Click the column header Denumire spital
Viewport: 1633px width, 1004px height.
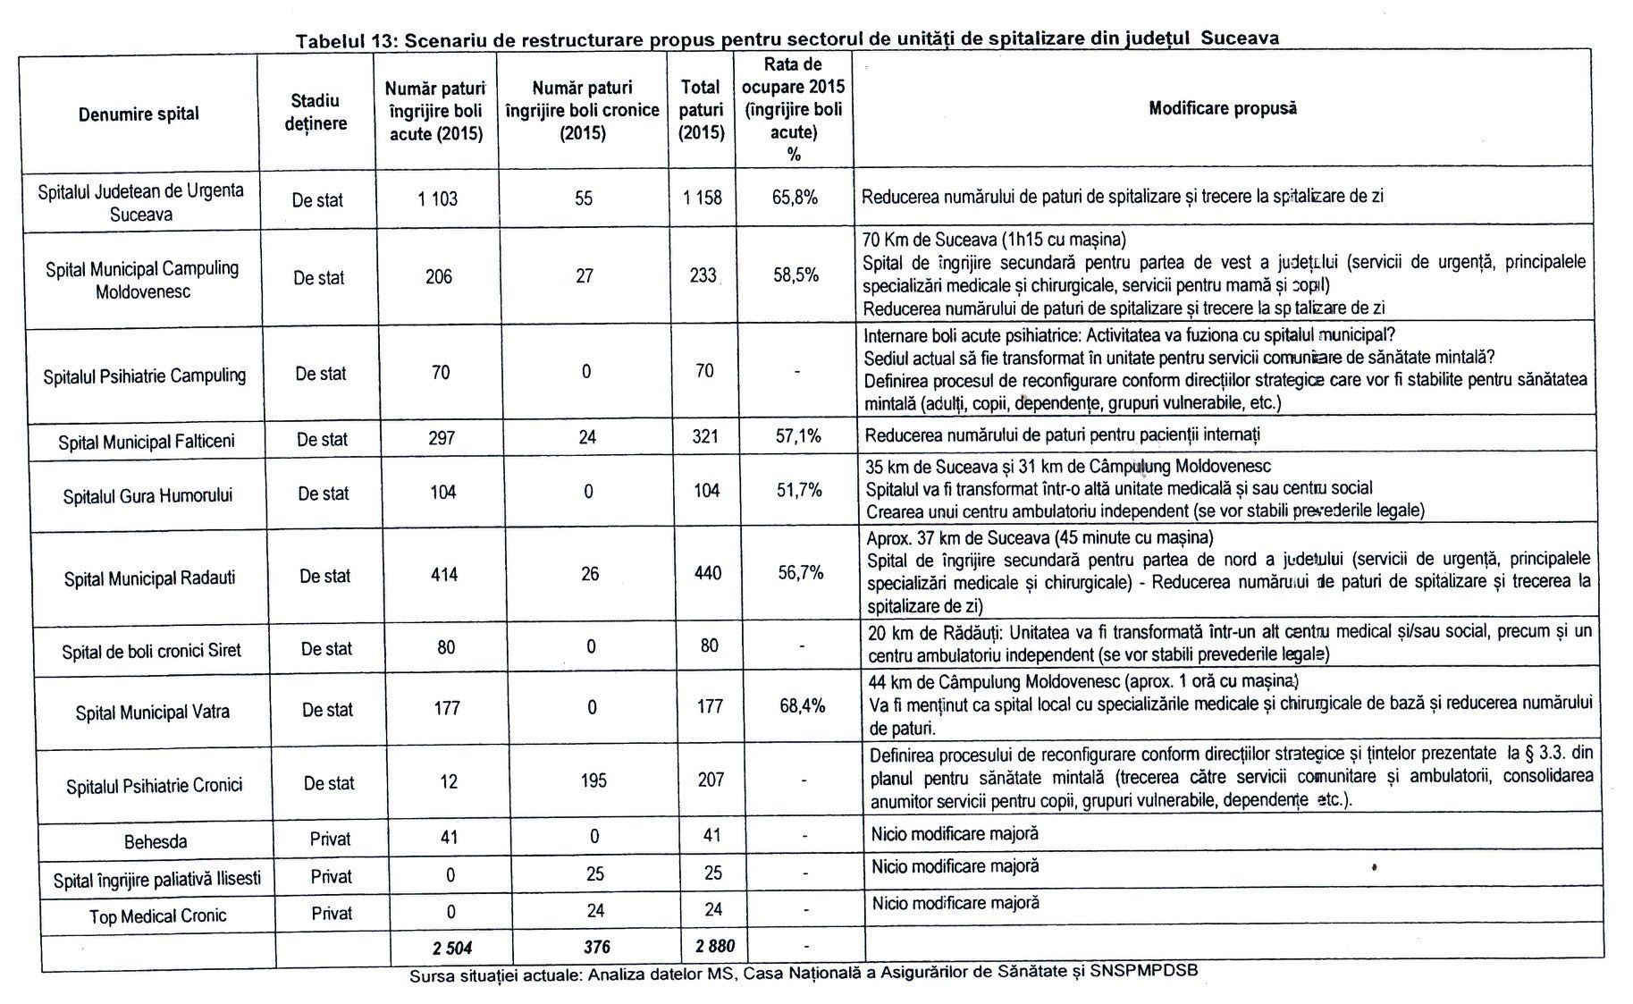point(139,114)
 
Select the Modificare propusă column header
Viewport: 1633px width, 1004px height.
point(1222,109)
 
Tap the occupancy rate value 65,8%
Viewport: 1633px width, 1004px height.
point(795,198)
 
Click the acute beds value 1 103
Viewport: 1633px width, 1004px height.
point(437,199)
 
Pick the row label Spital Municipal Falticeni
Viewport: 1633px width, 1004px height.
point(146,442)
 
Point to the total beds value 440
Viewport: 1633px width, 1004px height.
point(707,573)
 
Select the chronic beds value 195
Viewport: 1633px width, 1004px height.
point(593,780)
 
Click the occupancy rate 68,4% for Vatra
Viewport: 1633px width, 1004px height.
point(802,706)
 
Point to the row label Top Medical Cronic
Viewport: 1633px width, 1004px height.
point(157,916)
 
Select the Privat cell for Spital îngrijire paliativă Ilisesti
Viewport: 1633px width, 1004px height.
point(331,877)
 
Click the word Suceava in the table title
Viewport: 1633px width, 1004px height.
point(1240,38)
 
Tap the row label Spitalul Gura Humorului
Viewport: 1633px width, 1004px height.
point(147,495)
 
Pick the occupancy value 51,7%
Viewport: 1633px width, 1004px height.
point(799,491)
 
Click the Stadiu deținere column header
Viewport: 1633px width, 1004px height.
point(316,113)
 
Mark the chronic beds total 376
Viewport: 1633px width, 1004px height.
point(596,947)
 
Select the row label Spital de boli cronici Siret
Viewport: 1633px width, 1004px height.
point(151,651)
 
